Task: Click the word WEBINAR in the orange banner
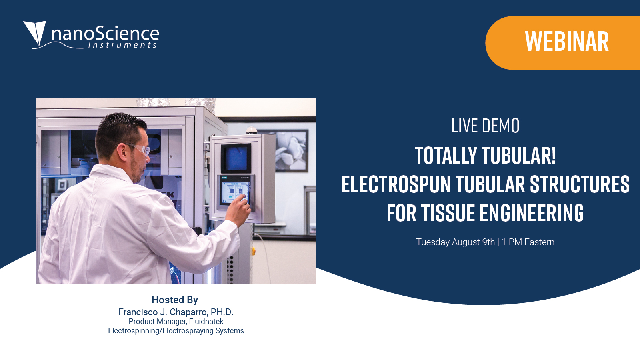(567, 42)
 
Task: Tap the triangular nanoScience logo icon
(35, 32)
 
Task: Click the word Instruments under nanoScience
(122, 45)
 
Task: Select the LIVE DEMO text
(485, 126)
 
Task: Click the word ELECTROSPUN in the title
(396, 184)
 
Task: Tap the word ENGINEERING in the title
(532, 213)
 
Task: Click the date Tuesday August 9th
(456, 242)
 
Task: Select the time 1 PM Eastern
(528, 242)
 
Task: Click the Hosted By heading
(175, 300)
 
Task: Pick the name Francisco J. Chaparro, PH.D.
(176, 312)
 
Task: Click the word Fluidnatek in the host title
(206, 322)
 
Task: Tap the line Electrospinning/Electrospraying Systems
(176, 330)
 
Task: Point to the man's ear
(122, 152)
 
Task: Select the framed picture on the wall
(290, 150)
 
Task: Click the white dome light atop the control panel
(252, 130)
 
